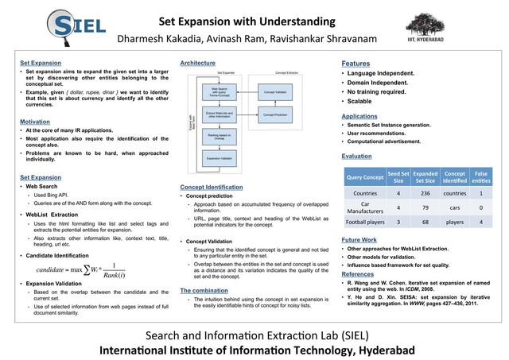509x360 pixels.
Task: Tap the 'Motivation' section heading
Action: pyautogui.click(x=36, y=120)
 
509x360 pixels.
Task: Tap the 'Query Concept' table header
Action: pyautogui.click(x=363, y=176)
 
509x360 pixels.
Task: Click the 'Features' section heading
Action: pyautogui.click(x=356, y=63)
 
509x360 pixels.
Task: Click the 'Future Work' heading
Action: pyautogui.click(x=359, y=239)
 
